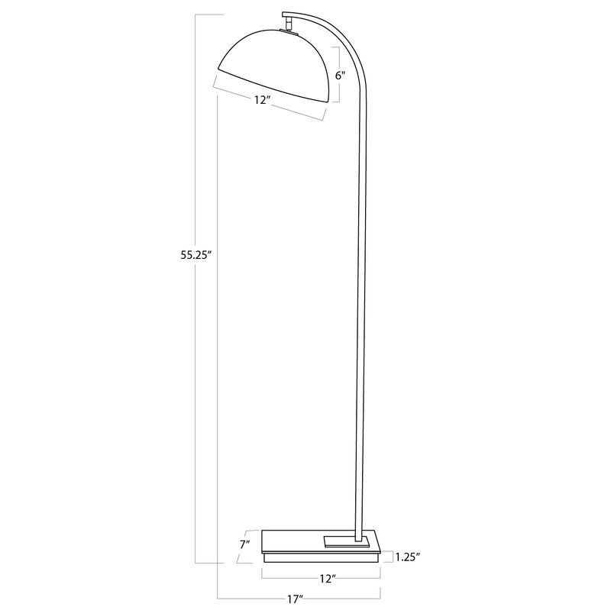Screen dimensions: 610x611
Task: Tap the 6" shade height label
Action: pos(341,76)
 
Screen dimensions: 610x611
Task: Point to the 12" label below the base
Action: pos(328,579)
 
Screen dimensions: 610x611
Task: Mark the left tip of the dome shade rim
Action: pos(218,71)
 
